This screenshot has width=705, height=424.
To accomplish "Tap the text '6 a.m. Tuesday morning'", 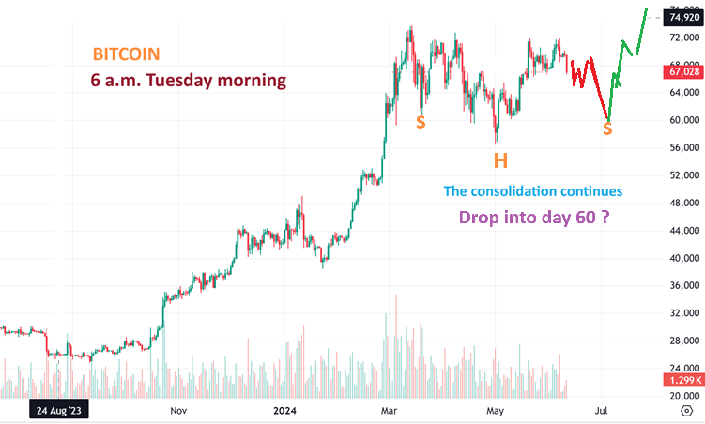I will pos(189,81).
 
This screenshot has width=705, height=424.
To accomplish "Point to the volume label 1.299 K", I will pos(682,381).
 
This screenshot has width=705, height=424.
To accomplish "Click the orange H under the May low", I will pos(501,160).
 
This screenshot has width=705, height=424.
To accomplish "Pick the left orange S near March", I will pos(421,122).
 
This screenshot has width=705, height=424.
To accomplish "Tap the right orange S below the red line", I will pos(607,129).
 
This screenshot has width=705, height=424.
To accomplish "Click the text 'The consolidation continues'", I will pos(532,191).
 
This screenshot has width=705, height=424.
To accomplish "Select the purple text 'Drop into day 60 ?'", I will pos(543,218).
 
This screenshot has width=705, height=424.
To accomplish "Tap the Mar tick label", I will pos(389,410).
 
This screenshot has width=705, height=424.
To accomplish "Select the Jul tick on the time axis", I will pos(602,410).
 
